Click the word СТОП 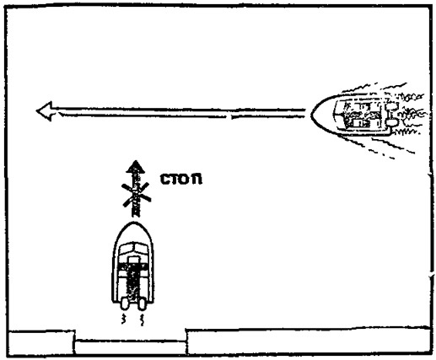(x=181, y=180)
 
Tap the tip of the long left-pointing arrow (x=36, y=111)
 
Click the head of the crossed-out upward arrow (x=136, y=167)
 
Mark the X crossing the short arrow (x=136, y=195)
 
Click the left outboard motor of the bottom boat (x=124, y=304)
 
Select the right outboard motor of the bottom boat (x=142, y=304)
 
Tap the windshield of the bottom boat (x=133, y=249)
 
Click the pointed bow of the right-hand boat (x=312, y=114)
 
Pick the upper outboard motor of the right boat (x=392, y=106)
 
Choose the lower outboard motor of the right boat (x=392, y=122)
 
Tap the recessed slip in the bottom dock (x=131, y=347)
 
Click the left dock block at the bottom (x=41, y=341)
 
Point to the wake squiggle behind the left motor (x=123, y=320)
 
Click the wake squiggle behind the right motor (x=142, y=320)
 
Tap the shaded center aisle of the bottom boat (x=133, y=281)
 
